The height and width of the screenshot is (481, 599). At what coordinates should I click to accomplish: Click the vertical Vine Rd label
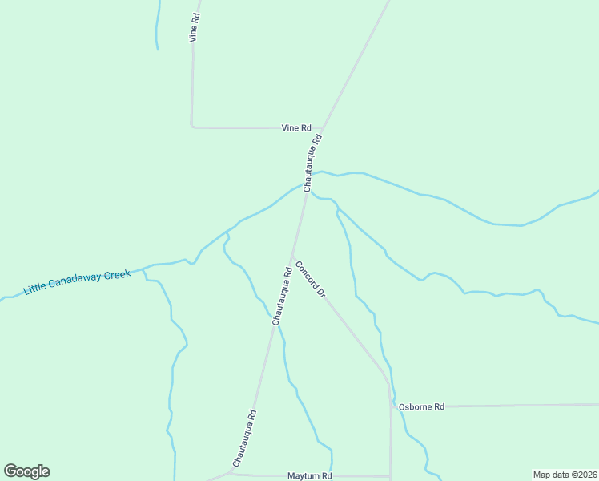click(x=194, y=27)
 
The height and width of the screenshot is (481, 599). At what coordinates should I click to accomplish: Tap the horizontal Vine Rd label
click(x=295, y=127)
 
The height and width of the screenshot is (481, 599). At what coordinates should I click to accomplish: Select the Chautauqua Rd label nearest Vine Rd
click(x=312, y=163)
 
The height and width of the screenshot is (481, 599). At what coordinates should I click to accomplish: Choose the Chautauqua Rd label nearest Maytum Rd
click(x=244, y=439)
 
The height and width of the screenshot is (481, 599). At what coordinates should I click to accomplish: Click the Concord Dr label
click(x=309, y=279)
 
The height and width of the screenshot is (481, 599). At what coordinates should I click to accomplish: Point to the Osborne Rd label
click(x=421, y=407)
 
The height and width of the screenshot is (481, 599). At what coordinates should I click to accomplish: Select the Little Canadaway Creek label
click(x=77, y=282)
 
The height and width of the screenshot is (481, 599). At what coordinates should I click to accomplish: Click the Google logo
click(x=26, y=471)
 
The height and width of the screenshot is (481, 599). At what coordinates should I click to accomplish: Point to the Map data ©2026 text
click(x=565, y=475)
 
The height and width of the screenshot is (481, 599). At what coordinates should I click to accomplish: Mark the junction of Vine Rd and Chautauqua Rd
click(x=322, y=127)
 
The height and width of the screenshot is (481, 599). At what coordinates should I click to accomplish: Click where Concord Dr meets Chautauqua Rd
click(x=291, y=256)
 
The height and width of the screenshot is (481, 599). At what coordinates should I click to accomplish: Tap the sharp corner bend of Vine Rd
click(x=192, y=126)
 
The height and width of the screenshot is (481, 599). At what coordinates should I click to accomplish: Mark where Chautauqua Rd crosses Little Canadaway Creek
click(x=306, y=188)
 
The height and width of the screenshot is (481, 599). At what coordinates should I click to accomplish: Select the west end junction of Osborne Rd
click(x=391, y=407)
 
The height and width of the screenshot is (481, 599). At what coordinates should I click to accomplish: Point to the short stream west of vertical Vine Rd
click(x=157, y=24)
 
